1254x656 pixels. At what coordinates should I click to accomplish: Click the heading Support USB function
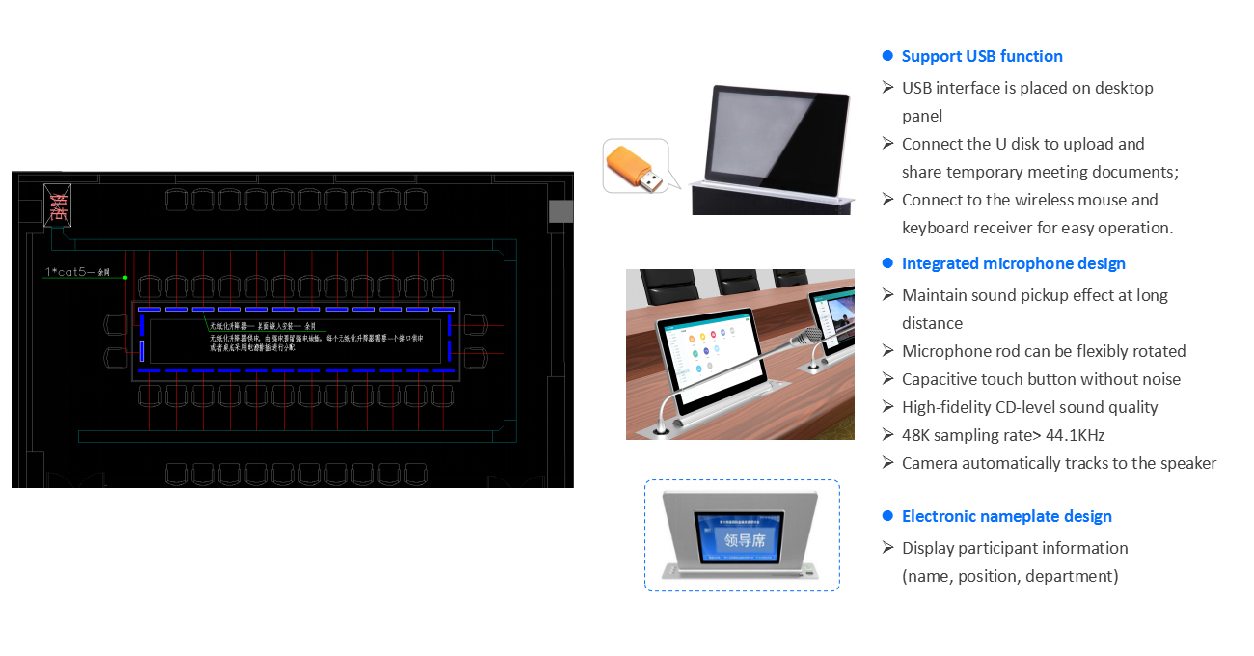coord(982,56)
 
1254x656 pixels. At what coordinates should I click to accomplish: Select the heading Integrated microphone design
coord(1013,263)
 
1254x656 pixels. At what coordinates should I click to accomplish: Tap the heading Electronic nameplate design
coord(1006,516)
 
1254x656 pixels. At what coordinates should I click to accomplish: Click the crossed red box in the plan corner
coord(58,206)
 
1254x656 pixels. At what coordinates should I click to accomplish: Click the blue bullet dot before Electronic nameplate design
coord(887,516)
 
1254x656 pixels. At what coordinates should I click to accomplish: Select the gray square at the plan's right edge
coord(560,212)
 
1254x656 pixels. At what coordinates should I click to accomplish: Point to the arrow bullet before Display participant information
coord(887,548)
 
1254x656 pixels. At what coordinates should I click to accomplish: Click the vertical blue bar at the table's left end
coord(142,351)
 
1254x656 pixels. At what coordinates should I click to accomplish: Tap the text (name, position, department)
coord(1010,576)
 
